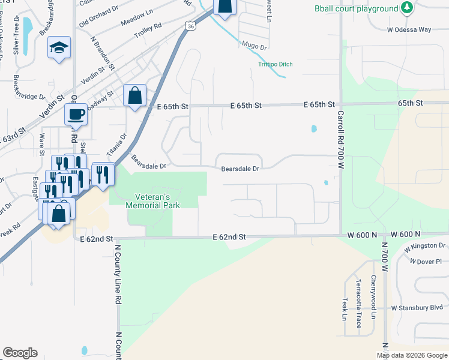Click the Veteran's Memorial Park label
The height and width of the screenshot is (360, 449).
[152, 201]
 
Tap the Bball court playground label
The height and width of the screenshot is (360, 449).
[356, 8]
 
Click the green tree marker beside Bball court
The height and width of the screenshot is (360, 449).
[408, 8]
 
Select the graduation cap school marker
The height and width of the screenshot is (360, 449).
[59, 48]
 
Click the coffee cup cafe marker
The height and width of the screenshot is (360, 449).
[76, 113]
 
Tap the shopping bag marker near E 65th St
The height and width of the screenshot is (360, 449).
[135, 95]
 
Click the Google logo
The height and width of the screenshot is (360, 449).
[20, 353]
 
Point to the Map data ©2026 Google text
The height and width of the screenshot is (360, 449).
[411, 355]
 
